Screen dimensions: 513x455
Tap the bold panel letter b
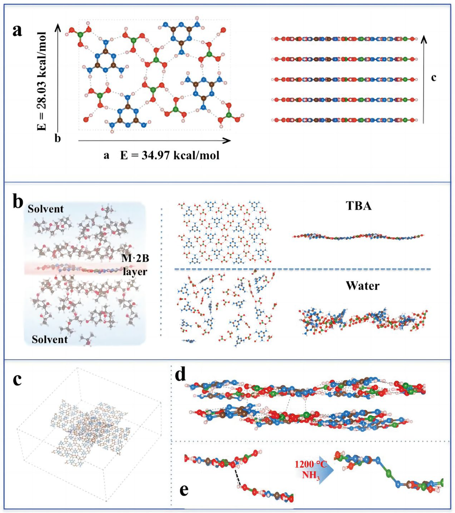18,203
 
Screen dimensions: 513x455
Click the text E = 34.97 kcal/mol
170,155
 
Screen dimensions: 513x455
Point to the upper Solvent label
45,209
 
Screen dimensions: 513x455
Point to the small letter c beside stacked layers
433,78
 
